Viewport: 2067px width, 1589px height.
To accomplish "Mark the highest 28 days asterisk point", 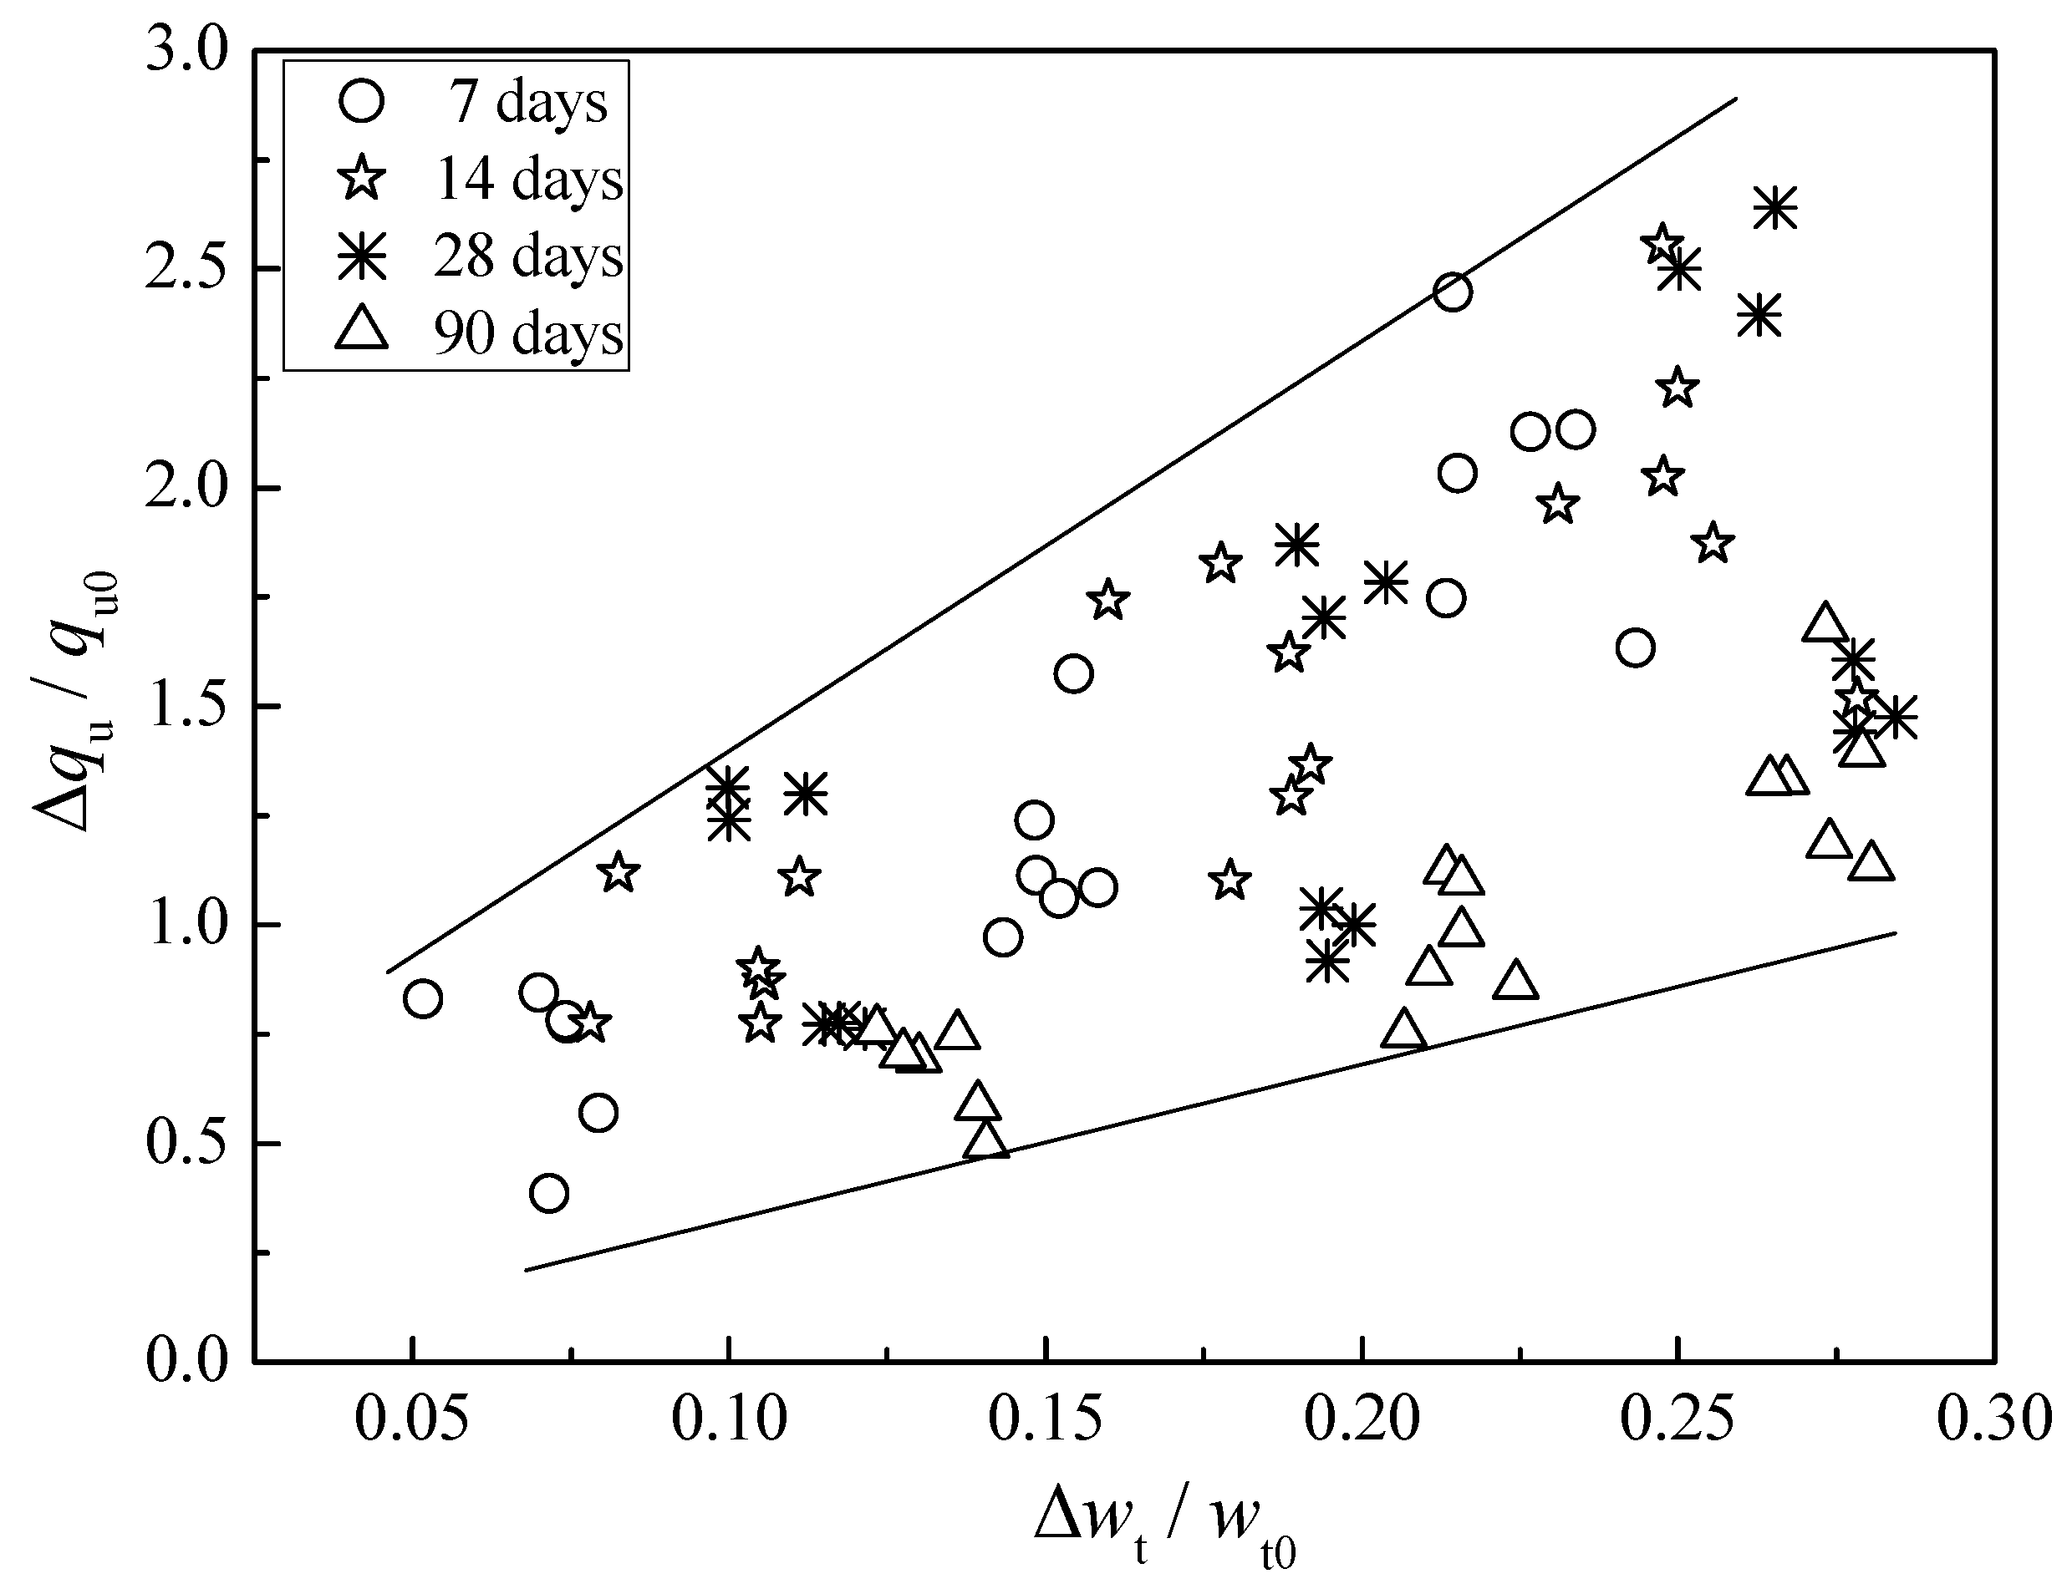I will pos(1774,207).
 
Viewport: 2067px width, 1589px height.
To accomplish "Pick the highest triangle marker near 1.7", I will pos(1825,624).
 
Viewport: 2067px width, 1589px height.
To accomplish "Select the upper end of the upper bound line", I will pos(1737,98).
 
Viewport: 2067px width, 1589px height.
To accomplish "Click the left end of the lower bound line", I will pos(526,1269).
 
